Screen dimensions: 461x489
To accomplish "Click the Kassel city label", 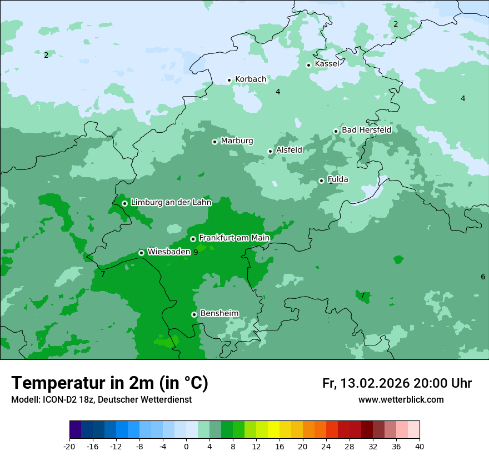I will pos(327,64).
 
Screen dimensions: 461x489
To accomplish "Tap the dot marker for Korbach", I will pos(229,80).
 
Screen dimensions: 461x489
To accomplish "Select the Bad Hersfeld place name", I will pos(366,130).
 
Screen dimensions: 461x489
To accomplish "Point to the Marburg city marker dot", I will pos(214,142).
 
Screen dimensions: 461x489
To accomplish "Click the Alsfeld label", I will pos(289,150).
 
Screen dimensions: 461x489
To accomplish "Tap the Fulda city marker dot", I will pos(321,181).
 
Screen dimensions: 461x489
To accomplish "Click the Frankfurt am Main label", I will pos(234,238).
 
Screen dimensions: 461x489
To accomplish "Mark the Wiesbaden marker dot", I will pos(141,253).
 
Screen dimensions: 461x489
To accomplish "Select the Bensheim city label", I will pos(219,313).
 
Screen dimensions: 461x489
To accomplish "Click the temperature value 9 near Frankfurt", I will pos(195,252).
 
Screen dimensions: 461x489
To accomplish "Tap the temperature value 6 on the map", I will pos(483,277).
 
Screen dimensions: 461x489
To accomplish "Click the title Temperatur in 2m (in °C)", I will pos(109,383).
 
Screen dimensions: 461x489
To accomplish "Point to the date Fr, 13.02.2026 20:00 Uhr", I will pos(397,384).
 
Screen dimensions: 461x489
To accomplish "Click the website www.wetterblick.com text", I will pos(401,400).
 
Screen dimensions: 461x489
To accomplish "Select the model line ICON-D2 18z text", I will pos(101,400).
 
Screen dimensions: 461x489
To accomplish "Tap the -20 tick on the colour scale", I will pos(69,447).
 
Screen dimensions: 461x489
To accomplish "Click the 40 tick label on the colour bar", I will pos(419,447).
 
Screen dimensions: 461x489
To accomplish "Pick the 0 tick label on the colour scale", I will pos(186,447).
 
